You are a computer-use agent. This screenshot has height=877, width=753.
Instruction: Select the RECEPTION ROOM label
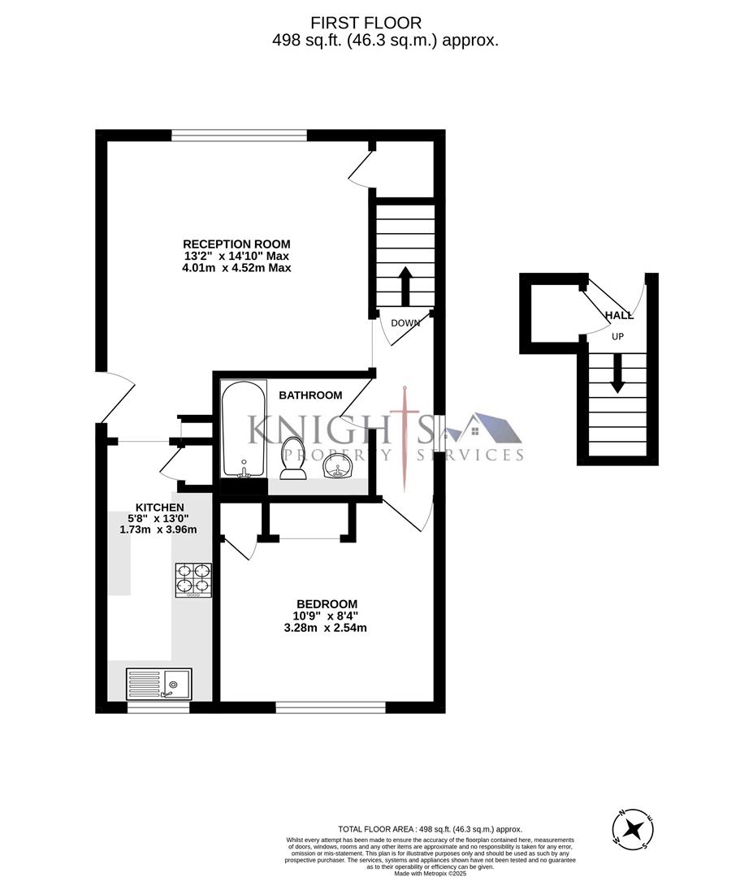tap(236, 244)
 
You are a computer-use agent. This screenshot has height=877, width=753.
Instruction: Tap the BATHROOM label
tap(310, 395)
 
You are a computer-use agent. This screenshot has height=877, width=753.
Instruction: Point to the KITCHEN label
tap(154, 508)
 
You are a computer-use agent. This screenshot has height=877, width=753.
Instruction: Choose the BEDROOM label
tap(327, 603)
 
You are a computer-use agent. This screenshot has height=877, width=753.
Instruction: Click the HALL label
tap(619, 315)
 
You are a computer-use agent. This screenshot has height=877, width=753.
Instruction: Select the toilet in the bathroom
tap(292, 457)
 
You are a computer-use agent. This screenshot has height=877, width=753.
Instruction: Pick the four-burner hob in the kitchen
tap(193, 581)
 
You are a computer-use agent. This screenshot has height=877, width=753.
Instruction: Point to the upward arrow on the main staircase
tap(405, 284)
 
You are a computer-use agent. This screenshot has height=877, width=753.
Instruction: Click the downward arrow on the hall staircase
tap(617, 376)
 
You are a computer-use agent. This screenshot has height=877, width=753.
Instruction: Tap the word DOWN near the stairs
tap(405, 323)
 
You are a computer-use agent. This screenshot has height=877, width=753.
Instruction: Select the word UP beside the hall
tap(617, 336)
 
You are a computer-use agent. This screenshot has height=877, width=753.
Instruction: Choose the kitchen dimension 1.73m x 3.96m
tap(158, 529)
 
